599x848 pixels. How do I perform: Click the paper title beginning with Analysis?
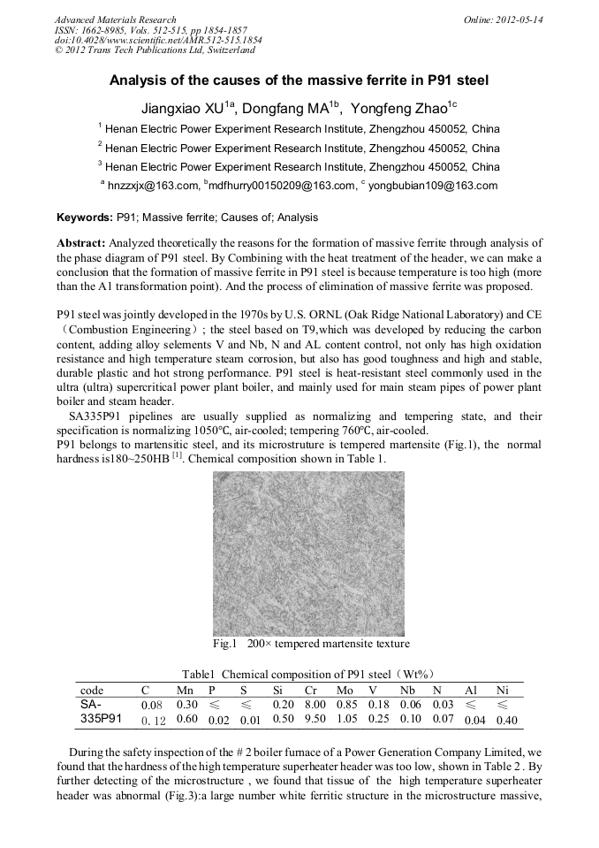(299, 80)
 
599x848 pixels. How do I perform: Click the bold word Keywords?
(84, 217)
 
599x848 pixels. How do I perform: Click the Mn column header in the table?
(186, 690)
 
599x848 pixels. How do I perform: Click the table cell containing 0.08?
(152, 705)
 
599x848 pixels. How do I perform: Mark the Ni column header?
(502, 690)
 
